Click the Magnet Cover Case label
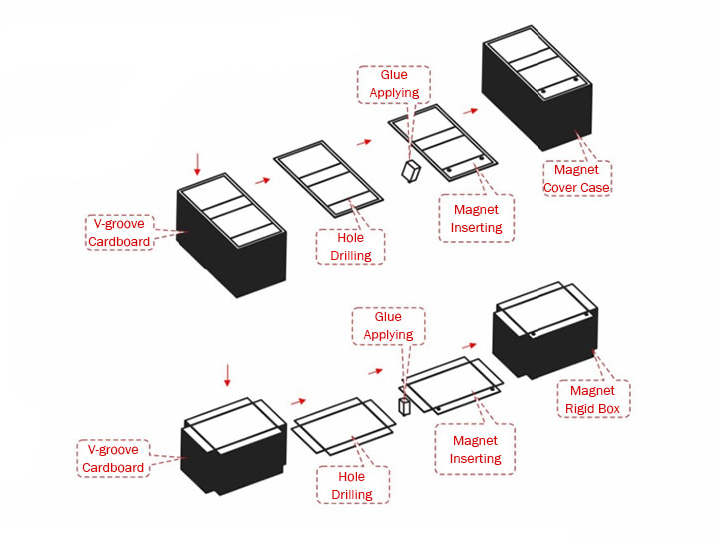(576, 178)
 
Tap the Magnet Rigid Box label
(592, 399)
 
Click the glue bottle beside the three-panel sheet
(410, 171)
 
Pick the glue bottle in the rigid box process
(405, 407)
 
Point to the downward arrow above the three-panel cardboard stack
(198, 162)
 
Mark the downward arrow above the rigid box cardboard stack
(227, 376)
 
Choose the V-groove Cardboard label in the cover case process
(119, 233)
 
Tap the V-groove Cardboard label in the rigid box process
(113, 458)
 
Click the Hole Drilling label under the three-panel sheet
(350, 246)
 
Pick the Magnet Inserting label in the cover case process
(476, 219)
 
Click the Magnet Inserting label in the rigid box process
(475, 449)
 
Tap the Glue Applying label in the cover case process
(394, 84)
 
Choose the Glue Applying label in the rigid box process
(388, 326)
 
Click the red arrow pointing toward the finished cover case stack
(469, 110)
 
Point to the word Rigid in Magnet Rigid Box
(577, 408)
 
